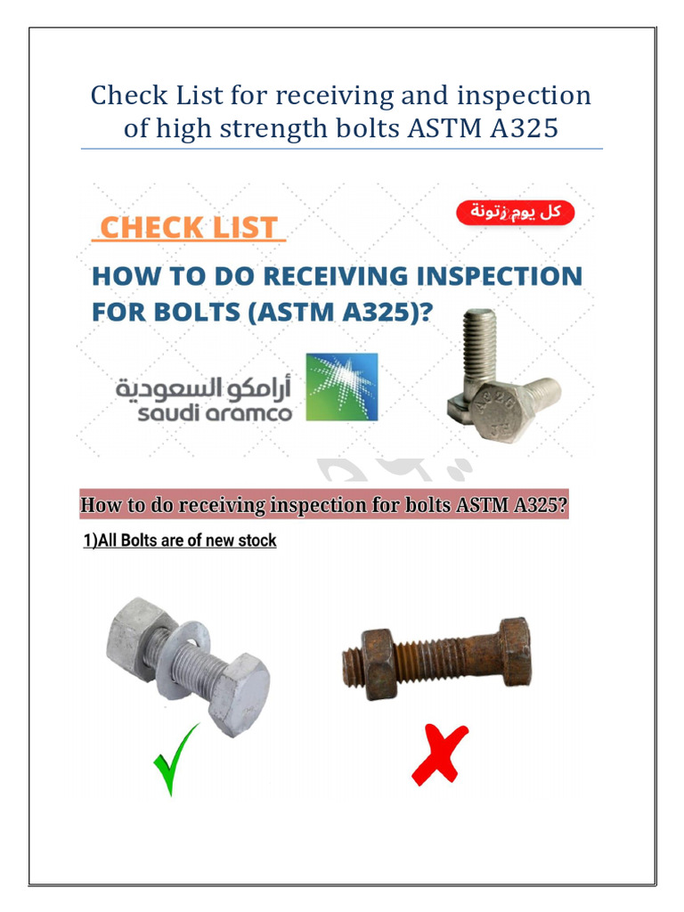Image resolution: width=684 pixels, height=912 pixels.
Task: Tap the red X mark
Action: point(440,753)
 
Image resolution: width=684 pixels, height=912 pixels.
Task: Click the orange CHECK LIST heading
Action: point(189,227)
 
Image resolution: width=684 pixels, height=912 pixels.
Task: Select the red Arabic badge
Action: point(516,213)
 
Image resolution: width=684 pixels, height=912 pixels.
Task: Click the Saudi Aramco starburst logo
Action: point(341,387)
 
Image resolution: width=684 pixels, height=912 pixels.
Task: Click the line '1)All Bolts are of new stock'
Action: point(178,541)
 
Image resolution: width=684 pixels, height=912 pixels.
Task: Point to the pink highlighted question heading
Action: point(324,506)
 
